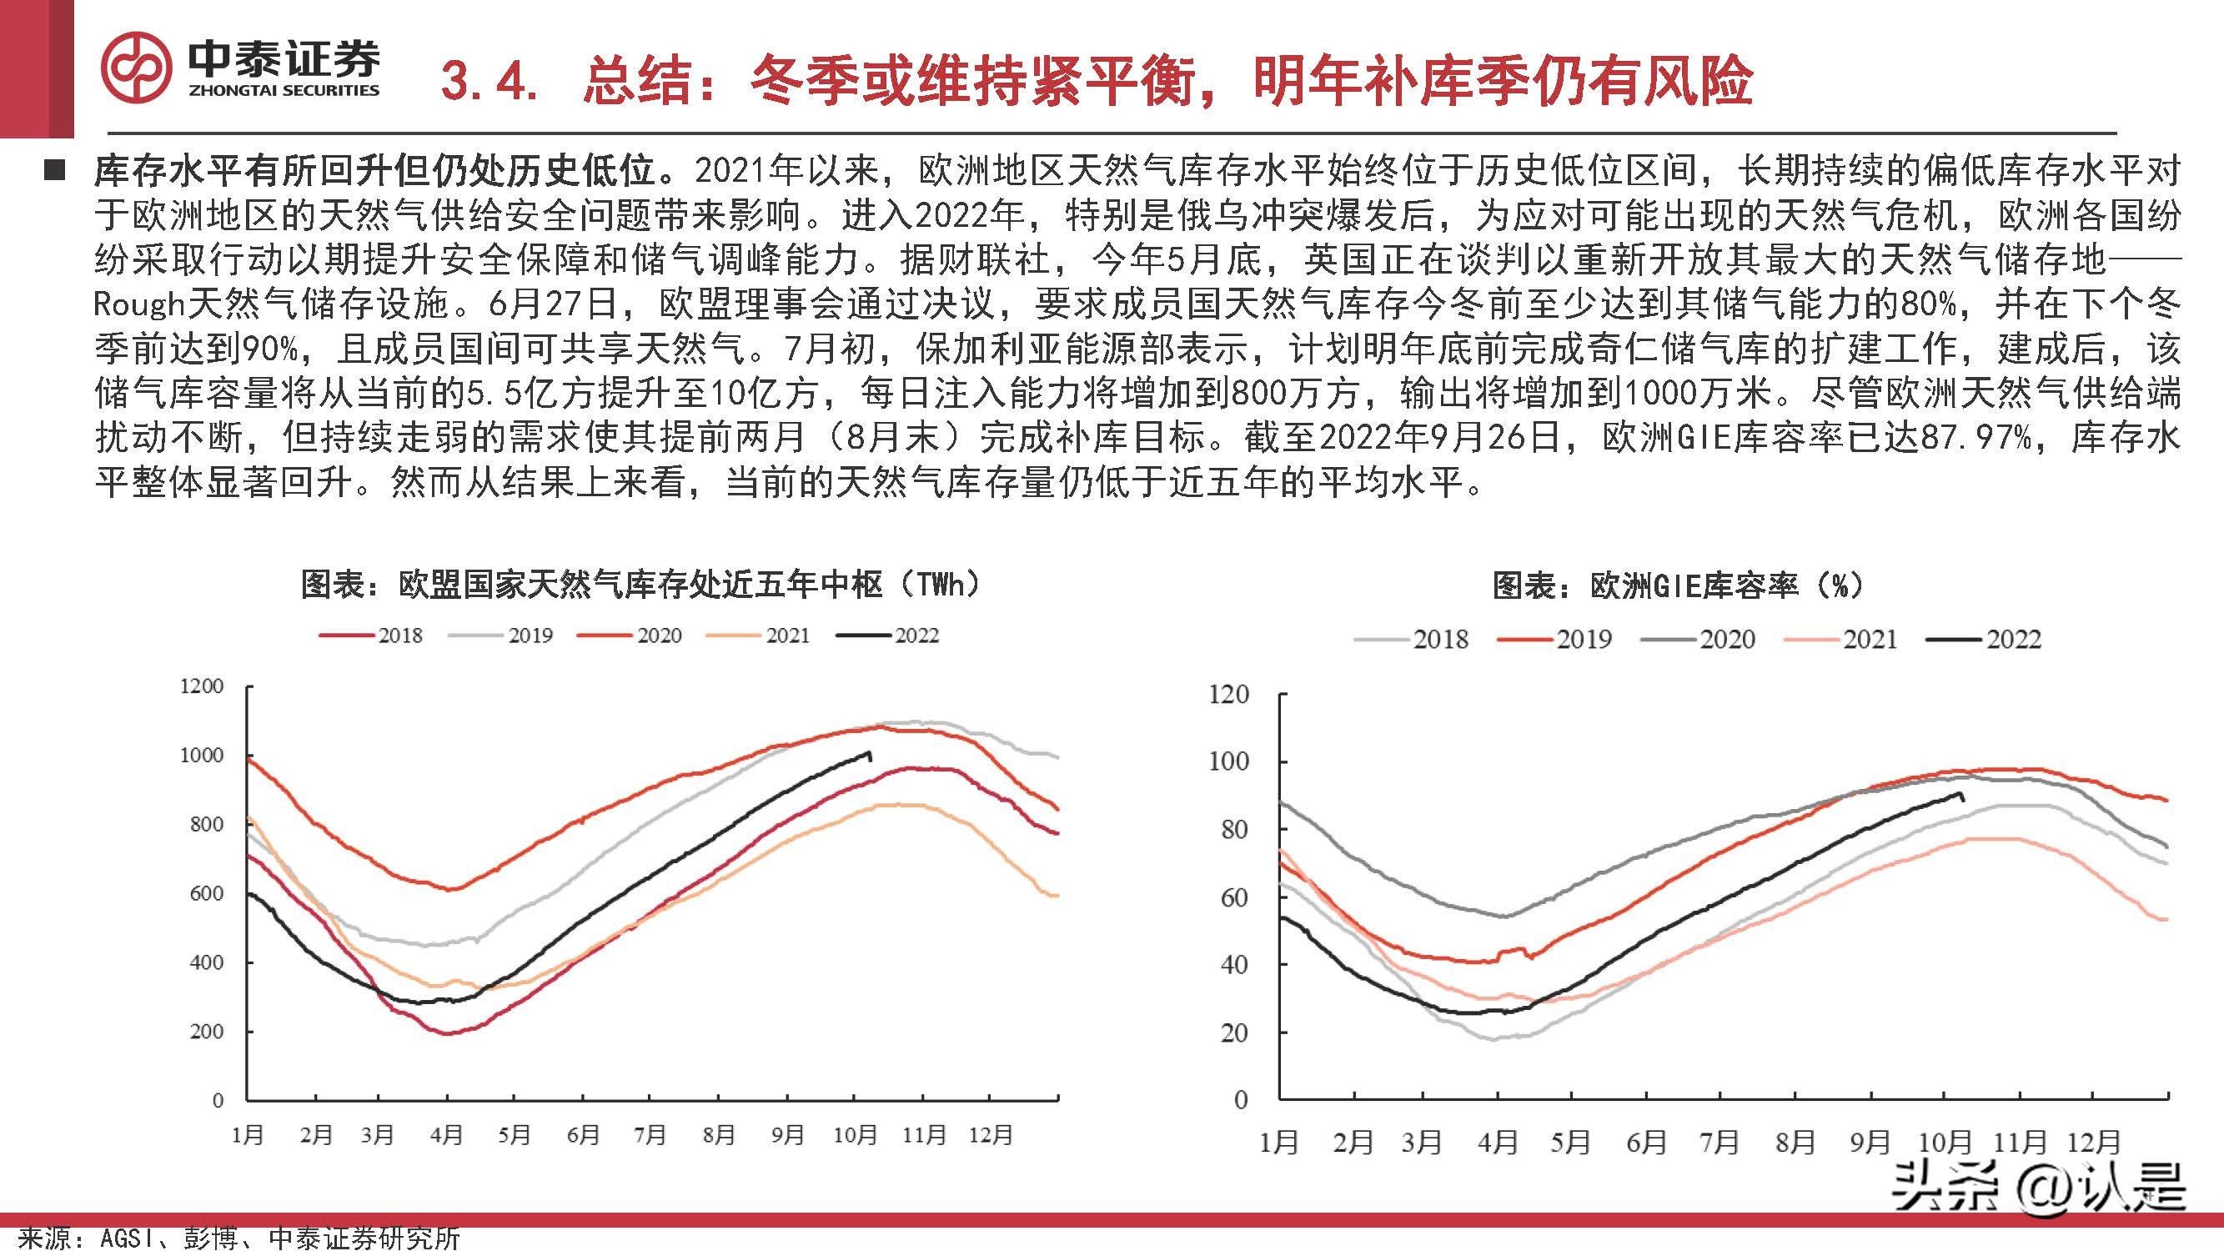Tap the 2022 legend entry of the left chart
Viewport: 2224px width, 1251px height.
click(x=889, y=636)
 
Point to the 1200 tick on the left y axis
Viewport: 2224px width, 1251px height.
click(x=201, y=686)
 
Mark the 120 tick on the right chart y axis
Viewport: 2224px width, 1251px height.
click(x=1227, y=694)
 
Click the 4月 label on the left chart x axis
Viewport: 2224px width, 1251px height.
click(x=446, y=1134)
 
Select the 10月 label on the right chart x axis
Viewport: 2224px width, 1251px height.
click(x=1945, y=1143)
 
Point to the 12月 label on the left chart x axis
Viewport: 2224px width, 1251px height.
click(x=991, y=1134)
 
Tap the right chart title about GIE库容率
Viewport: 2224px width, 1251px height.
click(x=1679, y=587)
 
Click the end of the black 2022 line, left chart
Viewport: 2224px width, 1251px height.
click(x=870, y=755)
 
